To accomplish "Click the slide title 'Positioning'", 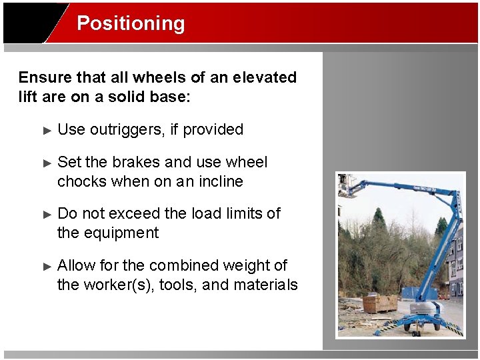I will [131, 23].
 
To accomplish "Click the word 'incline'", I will [221, 182].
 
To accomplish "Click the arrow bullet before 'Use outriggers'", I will [47, 131].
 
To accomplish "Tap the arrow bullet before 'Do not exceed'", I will [47, 215].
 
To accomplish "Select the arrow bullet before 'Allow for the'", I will [47, 266].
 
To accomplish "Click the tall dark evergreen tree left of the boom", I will [379, 220].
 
